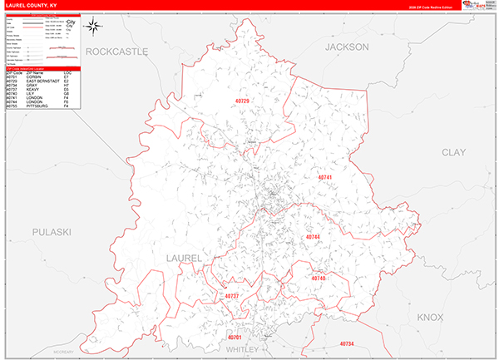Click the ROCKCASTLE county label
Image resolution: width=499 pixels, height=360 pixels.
click(116, 52)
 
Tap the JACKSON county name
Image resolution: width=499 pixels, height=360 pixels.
click(347, 47)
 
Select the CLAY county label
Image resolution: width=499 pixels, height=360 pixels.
click(453, 152)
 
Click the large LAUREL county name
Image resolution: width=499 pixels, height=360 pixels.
click(184, 259)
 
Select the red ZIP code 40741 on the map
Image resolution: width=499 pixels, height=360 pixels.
click(325, 177)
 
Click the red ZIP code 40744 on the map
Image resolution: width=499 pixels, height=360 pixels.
click(313, 237)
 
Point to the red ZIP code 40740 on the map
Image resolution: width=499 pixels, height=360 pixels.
click(318, 279)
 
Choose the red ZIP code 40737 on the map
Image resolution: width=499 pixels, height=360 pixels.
click(232, 296)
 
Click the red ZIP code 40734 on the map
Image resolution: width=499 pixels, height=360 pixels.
click(347, 343)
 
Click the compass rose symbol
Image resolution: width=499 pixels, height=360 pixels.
click(94, 26)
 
